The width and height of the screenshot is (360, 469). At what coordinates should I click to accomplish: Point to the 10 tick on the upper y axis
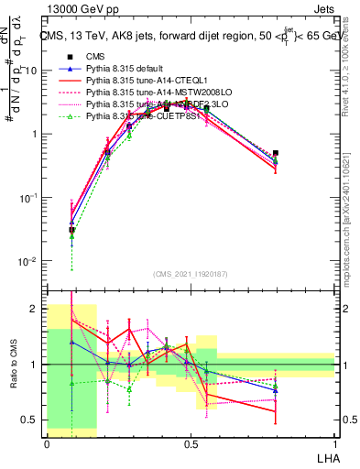(x=33, y=71)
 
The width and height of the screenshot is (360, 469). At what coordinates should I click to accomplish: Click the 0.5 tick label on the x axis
(x=191, y=442)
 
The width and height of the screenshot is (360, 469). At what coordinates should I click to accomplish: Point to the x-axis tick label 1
(x=334, y=442)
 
